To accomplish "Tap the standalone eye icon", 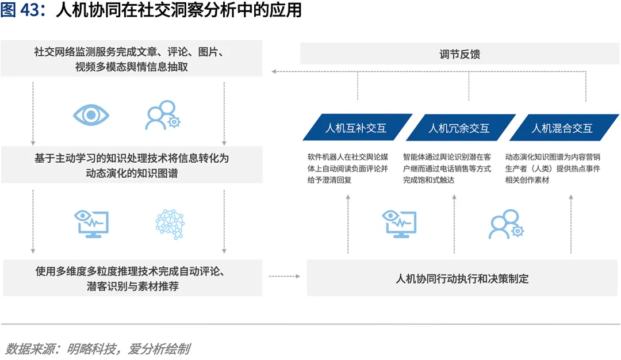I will [91, 114].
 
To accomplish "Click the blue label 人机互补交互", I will [356, 128].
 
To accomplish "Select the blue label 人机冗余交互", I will [459, 128].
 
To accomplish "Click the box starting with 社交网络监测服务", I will [132, 59].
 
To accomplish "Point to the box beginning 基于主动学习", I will [132, 165].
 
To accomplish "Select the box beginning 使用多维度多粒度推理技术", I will [132, 278].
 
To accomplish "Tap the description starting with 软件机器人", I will [348, 168].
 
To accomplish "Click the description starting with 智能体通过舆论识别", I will [447, 168].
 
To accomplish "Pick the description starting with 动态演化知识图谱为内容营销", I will [553, 168].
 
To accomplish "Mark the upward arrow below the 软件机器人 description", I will [348, 224].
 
